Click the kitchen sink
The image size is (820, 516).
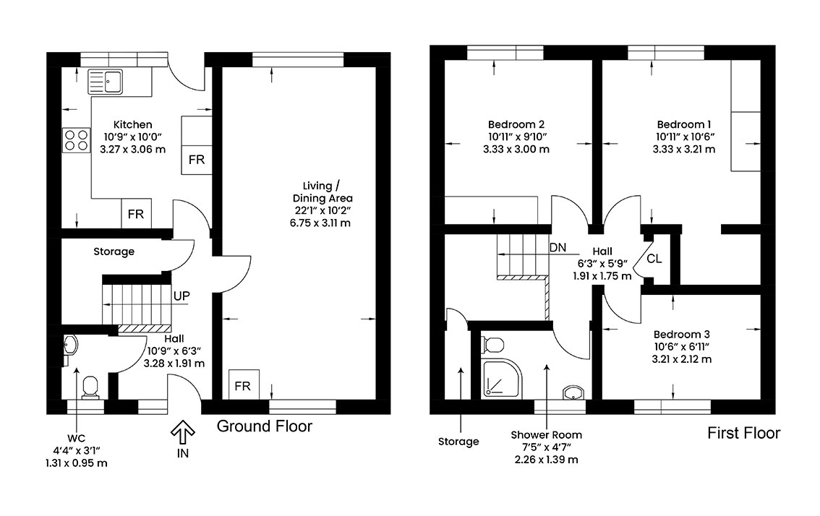(x=105, y=82)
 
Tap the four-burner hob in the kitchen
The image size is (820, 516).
(x=77, y=140)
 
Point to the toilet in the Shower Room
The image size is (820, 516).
(x=492, y=345)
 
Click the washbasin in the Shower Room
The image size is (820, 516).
(x=573, y=392)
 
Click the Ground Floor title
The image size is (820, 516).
(x=264, y=426)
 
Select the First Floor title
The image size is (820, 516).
(x=743, y=433)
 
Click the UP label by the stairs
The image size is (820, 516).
(x=181, y=296)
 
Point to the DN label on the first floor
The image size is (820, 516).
(x=558, y=247)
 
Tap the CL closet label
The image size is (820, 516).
(x=654, y=259)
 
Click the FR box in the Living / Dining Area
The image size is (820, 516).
(x=243, y=384)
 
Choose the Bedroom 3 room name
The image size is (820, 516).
(x=681, y=334)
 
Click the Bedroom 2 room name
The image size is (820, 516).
(x=516, y=124)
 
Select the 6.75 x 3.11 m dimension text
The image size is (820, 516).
(x=320, y=223)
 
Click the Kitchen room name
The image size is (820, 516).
(x=133, y=124)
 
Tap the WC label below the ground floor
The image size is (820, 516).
(x=76, y=438)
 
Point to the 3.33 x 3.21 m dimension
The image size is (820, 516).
(x=683, y=149)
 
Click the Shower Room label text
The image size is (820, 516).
(x=546, y=435)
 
